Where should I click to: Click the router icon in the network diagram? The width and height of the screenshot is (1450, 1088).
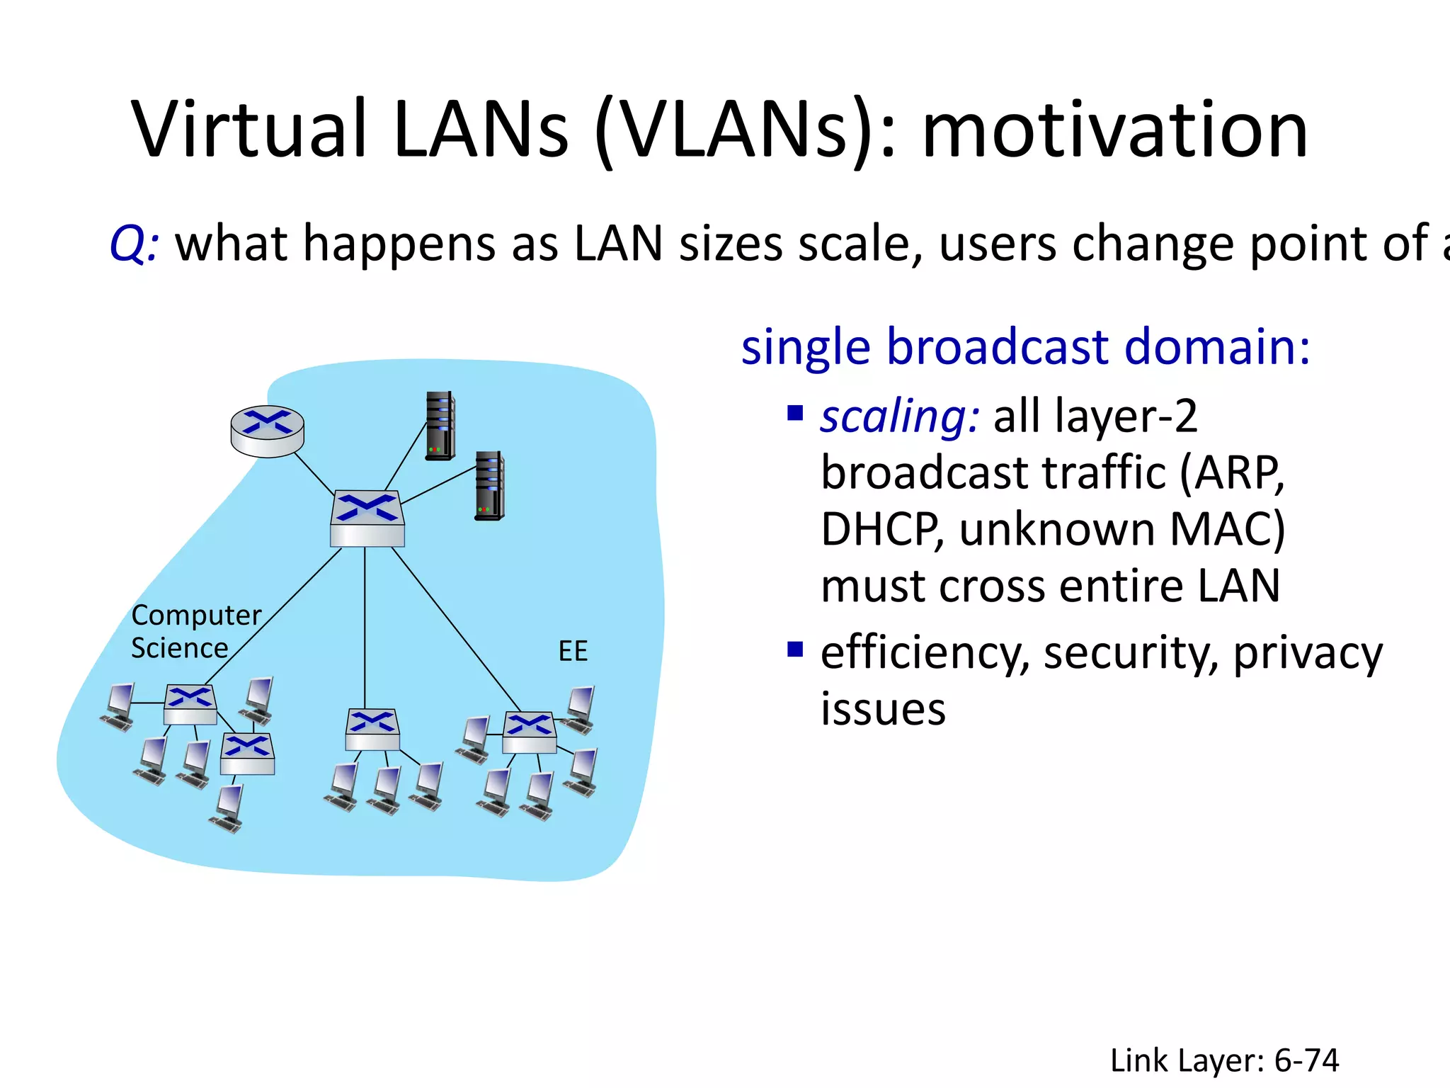pyautogui.click(x=268, y=430)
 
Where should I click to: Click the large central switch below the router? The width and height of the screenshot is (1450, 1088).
pyautogui.click(x=367, y=518)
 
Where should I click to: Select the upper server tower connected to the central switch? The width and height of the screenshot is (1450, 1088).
pyautogui.click(x=440, y=426)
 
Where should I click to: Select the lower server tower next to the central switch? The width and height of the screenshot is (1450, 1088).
pyautogui.click(x=489, y=485)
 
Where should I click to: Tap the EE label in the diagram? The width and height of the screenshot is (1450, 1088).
pyautogui.click(x=573, y=651)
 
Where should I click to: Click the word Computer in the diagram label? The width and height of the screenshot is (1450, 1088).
pyautogui.click(x=196, y=615)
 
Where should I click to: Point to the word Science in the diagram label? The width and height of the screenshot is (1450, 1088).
pyautogui.click(x=179, y=648)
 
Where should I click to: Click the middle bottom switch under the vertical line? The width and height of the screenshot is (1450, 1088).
pyautogui.click(x=372, y=730)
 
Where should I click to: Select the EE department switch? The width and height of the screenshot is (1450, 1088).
pyautogui.click(x=529, y=732)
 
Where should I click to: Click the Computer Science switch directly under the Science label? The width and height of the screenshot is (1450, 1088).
pyautogui.click(x=190, y=704)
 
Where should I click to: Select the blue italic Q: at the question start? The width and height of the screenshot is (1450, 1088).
pyautogui.click(x=134, y=244)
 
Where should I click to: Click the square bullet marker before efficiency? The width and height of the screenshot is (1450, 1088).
pyautogui.click(x=795, y=649)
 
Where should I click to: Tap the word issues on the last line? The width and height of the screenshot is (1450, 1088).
pyautogui.click(x=883, y=709)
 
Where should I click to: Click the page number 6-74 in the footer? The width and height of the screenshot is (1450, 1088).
pyautogui.click(x=1306, y=1061)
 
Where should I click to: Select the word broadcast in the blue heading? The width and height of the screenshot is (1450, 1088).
pyautogui.click(x=998, y=347)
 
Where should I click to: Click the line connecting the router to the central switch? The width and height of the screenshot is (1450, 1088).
pyautogui.click(x=314, y=475)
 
